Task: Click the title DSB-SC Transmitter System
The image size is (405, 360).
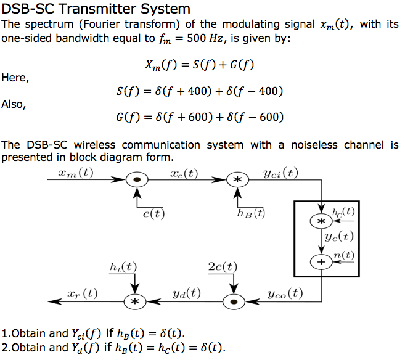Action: (96, 9)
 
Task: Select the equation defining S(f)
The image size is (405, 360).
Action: (199, 91)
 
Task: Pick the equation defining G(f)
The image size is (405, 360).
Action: (199, 117)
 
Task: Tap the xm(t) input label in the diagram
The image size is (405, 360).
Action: (75, 172)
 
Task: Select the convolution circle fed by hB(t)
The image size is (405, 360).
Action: (237, 180)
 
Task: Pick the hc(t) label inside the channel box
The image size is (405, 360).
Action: (343, 211)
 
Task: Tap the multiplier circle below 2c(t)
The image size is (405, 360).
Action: (233, 301)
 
